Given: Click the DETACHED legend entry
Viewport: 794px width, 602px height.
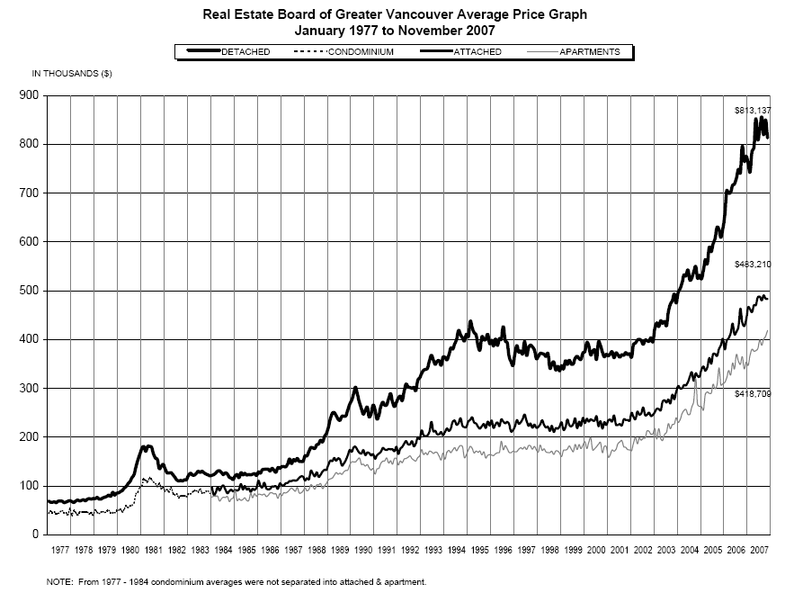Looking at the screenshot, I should (x=245, y=52).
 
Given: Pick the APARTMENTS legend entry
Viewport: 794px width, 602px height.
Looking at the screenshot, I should (x=589, y=52).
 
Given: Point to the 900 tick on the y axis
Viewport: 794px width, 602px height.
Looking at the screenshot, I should (x=27, y=95).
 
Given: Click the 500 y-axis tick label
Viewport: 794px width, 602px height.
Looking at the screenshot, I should (x=27, y=291).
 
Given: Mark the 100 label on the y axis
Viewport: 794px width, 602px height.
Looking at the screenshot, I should (x=27, y=486).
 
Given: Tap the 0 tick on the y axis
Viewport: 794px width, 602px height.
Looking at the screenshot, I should (x=33, y=535).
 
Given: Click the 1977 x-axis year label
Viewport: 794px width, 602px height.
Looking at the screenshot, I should (x=59, y=548).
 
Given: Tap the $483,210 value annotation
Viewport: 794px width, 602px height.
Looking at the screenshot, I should (x=752, y=266).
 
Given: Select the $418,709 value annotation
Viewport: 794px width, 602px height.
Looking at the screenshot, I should (x=752, y=394).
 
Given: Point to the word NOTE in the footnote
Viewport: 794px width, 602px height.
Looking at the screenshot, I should (x=58, y=581).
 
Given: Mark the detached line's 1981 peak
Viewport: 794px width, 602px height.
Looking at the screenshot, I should (x=146, y=445).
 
